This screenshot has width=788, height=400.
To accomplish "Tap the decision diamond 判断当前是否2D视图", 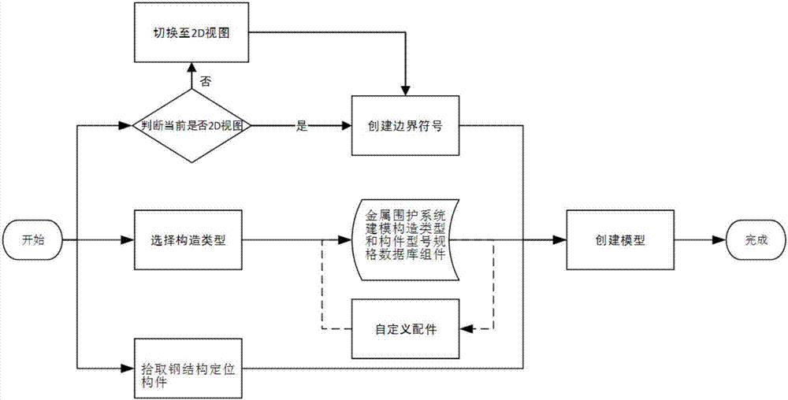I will pos(189,126).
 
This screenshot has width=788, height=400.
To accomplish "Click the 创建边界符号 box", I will pos(404,126).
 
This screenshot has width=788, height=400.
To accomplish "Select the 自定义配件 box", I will pos(404,328).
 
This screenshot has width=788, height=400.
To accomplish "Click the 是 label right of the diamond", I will pos(300,126).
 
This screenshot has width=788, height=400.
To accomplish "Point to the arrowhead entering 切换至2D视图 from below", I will pos(189,70).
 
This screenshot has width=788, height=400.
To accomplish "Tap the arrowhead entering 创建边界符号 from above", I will pos(404,91).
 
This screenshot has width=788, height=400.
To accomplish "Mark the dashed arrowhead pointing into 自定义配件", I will pos(465,328).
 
